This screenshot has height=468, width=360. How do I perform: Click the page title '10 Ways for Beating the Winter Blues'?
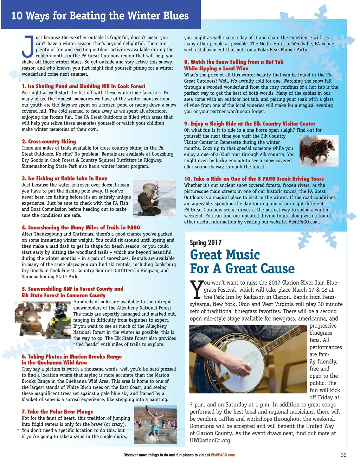click(x=100, y=16)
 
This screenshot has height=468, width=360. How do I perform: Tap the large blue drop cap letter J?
click(x=28, y=46)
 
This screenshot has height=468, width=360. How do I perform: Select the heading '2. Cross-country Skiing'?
click(x=49, y=141)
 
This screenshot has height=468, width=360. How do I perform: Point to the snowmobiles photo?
click(x=43, y=320)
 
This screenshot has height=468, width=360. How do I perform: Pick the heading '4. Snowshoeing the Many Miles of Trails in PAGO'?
click(x=81, y=228)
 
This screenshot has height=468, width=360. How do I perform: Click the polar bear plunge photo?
click(x=155, y=424)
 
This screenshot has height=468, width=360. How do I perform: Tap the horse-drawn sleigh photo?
click(x=319, y=151)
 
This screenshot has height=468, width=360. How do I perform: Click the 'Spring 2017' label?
click(x=206, y=242)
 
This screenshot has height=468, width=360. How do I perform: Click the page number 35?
click(x=343, y=455)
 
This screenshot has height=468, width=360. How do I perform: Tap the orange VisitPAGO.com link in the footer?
click(x=223, y=455)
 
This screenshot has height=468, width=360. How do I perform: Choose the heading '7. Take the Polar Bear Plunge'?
click(x=58, y=412)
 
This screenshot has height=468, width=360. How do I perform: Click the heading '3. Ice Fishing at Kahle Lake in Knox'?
click(x=64, y=178)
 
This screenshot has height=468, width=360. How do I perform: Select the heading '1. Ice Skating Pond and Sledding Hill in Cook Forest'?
click(x=83, y=86)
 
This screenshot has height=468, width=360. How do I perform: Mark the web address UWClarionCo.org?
click(x=211, y=440)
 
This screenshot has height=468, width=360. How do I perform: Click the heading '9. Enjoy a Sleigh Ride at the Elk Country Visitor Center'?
click(x=250, y=124)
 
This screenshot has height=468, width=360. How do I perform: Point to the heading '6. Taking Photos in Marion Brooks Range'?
click(x=72, y=356)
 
